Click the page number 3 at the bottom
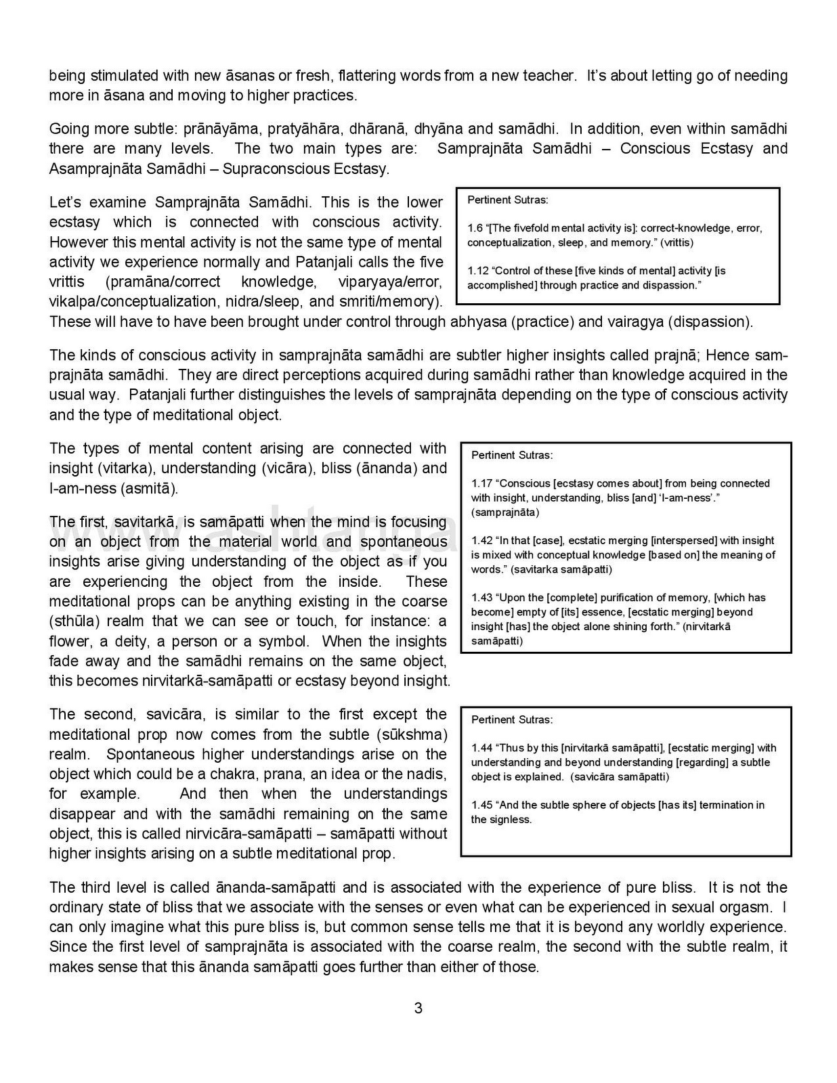point(418,1008)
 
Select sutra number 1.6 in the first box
point(475,228)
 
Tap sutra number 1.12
point(477,271)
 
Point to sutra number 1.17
point(481,483)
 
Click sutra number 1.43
point(481,598)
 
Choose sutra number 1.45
point(481,805)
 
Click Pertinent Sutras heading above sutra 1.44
point(512,720)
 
